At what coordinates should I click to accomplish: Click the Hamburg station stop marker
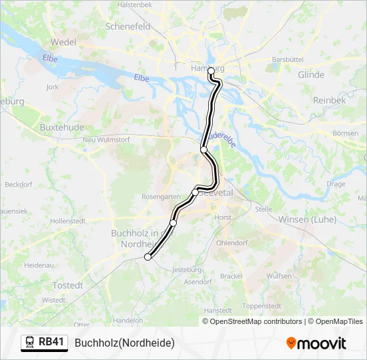click(x=211, y=71)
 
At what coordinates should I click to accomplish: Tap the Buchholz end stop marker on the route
click(x=147, y=257)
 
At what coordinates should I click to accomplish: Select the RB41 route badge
click(x=44, y=343)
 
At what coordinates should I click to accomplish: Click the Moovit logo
click(x=316, y=343)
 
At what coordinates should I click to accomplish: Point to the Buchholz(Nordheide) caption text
click(x=125, y=343)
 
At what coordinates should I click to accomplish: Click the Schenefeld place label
click(x=127, y=27)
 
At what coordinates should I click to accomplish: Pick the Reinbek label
click(x=330, y=100)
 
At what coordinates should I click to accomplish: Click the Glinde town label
click(x=311, y=75)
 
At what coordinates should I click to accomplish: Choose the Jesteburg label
click(x=187, y=270)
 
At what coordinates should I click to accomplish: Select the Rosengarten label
click(x=161, y=197)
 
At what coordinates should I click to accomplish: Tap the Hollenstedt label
click(x=69, y=220)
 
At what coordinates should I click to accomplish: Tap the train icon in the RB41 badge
click(x=30, y=343)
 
